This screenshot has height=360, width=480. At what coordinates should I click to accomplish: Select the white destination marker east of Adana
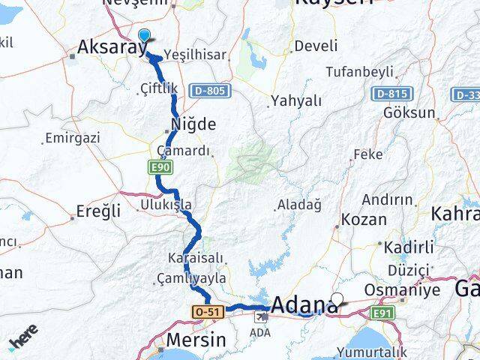(x=337, y=299)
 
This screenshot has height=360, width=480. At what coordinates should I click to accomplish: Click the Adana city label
(x=304, y=305)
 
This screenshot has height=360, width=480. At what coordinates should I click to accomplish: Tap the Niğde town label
(x=194, y=124)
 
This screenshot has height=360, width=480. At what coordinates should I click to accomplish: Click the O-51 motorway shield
(x=207, y=310)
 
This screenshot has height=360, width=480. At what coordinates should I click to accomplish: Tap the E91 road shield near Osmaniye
(x=382, y=311)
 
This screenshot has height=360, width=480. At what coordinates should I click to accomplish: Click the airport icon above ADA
(x=260, y=317)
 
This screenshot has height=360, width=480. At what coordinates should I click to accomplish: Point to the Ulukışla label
(x=166, y=205)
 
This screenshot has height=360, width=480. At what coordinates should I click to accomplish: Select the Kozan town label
(x=364, y=220)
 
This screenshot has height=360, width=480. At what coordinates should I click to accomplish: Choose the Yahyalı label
(x=295, y=100)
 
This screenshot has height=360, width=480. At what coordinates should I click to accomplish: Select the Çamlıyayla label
(x=190, y=278)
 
